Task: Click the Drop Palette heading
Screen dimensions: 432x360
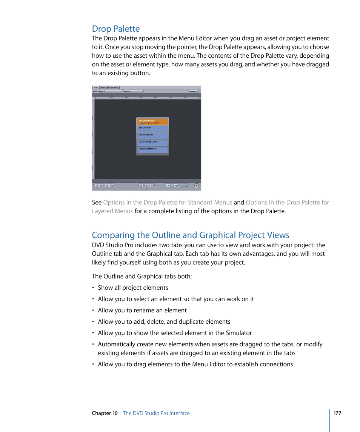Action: click(x=116, y=29)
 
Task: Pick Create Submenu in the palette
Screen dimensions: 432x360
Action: click(x=152, y=150)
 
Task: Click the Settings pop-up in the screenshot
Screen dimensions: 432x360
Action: click(x=194, y=91)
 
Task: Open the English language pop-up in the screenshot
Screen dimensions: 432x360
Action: click(x=134, y=91)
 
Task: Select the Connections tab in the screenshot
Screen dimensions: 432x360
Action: click(x=113, y=88)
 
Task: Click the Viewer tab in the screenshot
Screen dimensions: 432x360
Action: click(x=103, y=88)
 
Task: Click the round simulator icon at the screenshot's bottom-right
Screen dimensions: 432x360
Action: click(x=196, y=186)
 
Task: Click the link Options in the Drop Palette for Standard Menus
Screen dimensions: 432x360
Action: click(x=168, y=203)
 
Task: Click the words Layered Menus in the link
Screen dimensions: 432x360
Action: click(x=112, y=211)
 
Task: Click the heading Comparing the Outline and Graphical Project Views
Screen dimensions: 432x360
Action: click(x=191, y=235)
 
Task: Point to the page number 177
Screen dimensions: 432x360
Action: click(x=337, y=413)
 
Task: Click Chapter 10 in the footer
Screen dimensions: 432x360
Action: click(x=105, y=413)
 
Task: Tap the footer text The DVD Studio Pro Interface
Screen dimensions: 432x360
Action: click(x=156, y=413)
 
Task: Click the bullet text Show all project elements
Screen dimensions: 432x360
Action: click(x=133, y=288)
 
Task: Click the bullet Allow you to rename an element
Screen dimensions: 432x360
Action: click(x=142, y=311)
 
